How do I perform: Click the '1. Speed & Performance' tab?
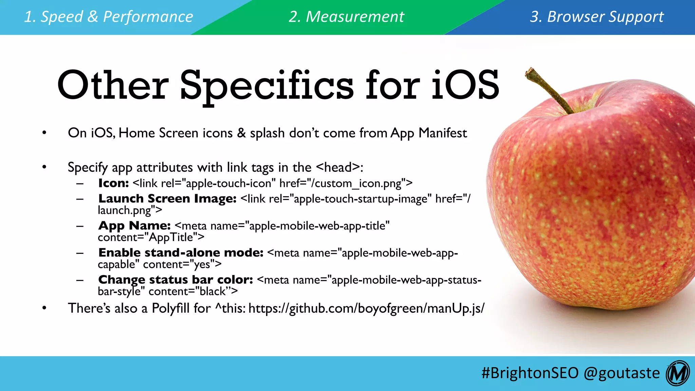(109, 17)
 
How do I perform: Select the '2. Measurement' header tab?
(346, 17)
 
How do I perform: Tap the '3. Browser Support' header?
(597, 17)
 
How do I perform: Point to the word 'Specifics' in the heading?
(266, 86)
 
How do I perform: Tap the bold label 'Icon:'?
(113, 183)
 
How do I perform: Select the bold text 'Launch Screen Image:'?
(167, 199)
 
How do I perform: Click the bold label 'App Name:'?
(134, 226)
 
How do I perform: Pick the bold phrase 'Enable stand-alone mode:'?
(181, 253)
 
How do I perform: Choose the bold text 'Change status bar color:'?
(175, 280)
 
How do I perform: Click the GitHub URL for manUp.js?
(367, 308)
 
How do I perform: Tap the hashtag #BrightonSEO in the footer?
(530, 373)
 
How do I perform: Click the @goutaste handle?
(622, 373)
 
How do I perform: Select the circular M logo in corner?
(677, 373)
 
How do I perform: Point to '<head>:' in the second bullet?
(339, 167)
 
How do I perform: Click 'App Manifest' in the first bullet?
(429, 133)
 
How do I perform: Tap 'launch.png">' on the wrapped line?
(130, 210)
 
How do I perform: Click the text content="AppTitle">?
(151, 237)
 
